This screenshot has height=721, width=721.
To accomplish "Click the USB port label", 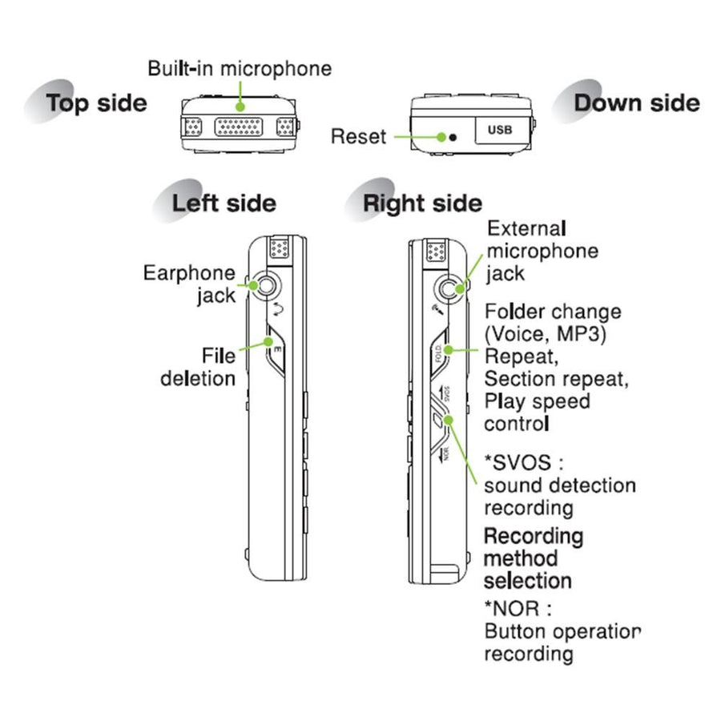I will (x=498, y=128).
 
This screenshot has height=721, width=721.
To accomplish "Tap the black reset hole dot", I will (x=453, y=137).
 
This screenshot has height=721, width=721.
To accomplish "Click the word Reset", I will (x=358, y=137).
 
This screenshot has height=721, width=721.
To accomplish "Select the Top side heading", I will (x=96, y=103).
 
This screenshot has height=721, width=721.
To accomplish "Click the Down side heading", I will (x=636, y=103).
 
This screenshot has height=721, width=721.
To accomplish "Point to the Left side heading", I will (x=224, y=203).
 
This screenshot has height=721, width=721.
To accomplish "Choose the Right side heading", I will (x=422, y=203).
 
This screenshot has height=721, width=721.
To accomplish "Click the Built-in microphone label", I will (x=239, y=68).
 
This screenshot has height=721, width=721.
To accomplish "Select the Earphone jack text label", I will (x=191, y=284).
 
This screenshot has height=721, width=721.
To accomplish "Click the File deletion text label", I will (x=199, y=365).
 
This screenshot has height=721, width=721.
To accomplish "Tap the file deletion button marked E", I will (x=275, y=350).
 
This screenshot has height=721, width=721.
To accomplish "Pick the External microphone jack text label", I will (x=542, y=251).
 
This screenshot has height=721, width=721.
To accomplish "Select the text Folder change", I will (x=553, y=312).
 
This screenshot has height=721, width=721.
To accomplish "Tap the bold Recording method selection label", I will (x=533, y=558).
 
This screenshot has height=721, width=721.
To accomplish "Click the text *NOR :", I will (x=521, y=607).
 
